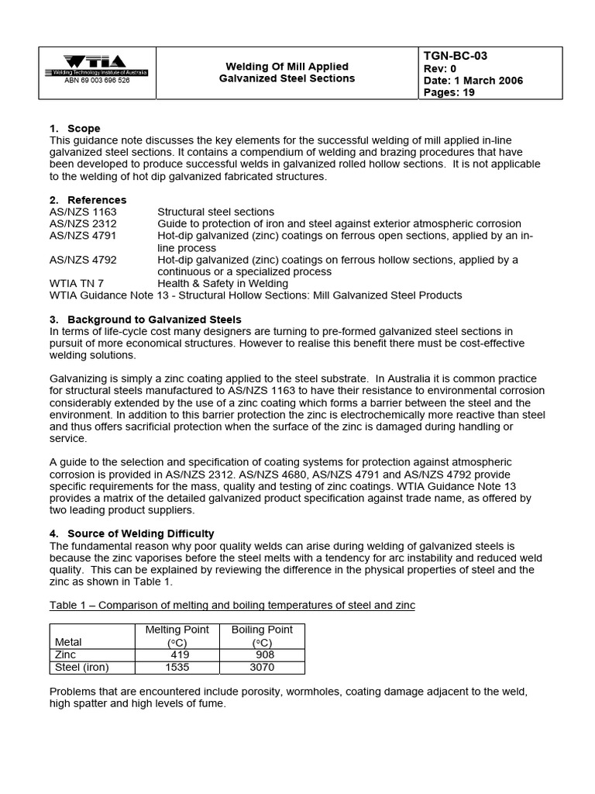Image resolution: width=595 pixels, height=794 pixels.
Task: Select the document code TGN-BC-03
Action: coord(456,56)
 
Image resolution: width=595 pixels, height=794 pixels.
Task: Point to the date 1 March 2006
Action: coord(473,81)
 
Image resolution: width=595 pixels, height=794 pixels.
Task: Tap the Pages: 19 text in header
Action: coord(449,93)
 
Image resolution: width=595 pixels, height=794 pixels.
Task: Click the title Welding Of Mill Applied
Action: coord(287,67)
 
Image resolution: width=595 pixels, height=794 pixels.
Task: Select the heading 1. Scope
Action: coord(74,128)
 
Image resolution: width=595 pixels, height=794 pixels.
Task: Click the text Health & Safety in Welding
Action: coord(223,283)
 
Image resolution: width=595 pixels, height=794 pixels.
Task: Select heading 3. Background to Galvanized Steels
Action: coord(146,319)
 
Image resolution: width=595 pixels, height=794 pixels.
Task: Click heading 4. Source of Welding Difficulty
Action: coord(132,533)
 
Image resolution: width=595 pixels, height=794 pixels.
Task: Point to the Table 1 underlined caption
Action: coord(232,605)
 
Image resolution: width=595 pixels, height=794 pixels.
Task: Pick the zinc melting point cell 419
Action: coord(181,655)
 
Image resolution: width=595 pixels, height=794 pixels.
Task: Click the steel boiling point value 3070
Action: coord(263,668)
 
